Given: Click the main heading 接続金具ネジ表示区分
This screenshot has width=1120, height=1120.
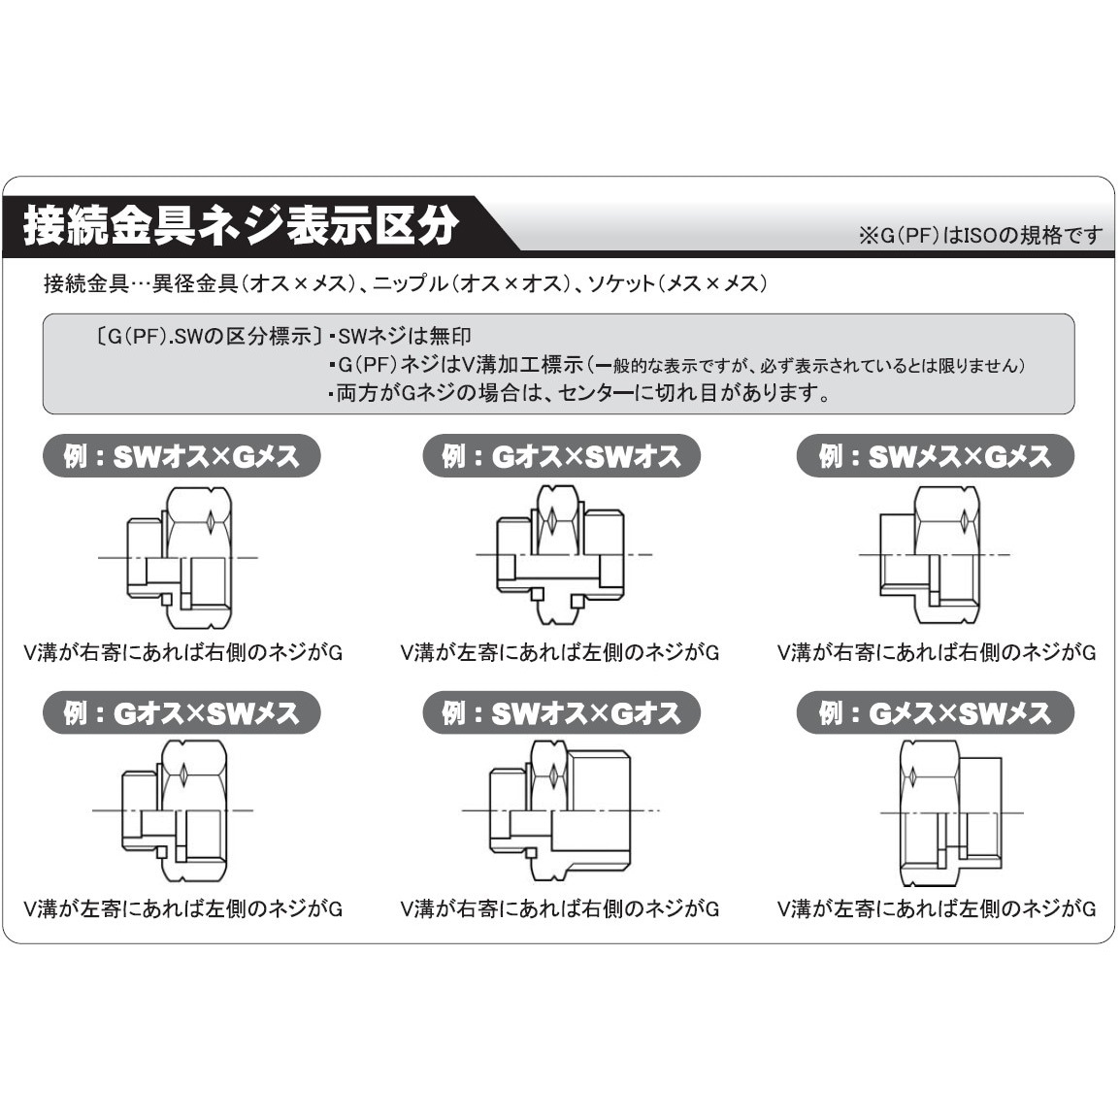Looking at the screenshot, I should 241,226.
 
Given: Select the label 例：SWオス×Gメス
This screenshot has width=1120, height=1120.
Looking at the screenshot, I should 181,456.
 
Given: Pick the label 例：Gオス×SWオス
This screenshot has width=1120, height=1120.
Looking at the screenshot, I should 561,456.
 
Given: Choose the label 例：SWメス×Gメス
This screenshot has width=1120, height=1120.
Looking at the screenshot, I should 935,456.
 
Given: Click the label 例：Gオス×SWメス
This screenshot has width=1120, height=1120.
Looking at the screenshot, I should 181,713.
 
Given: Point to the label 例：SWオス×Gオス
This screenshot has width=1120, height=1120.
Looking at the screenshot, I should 561,713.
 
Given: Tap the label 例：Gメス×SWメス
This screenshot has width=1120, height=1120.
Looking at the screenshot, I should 935,713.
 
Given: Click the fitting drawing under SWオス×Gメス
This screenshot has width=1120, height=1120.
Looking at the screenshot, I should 181,555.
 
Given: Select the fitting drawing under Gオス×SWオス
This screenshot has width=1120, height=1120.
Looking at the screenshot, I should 561,555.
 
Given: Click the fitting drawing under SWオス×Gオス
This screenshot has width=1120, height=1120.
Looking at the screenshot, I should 561,810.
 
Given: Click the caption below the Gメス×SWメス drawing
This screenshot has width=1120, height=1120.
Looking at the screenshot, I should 936,909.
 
